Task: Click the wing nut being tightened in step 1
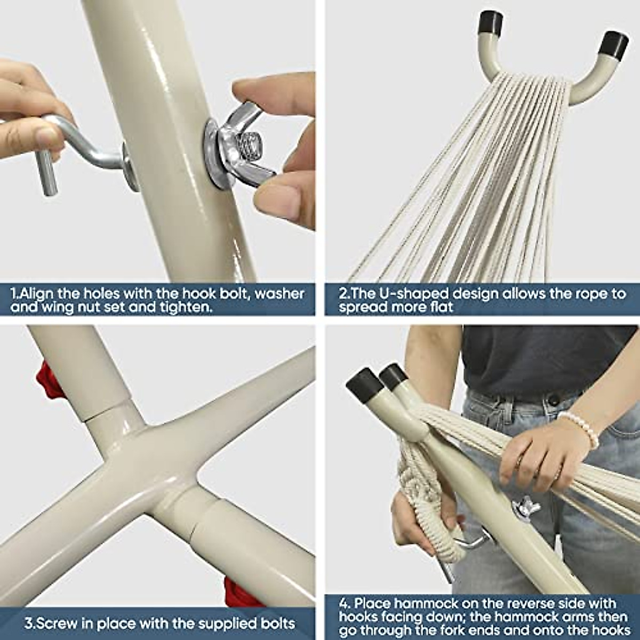244,146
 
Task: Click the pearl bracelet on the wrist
580,429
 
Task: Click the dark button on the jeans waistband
553,399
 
